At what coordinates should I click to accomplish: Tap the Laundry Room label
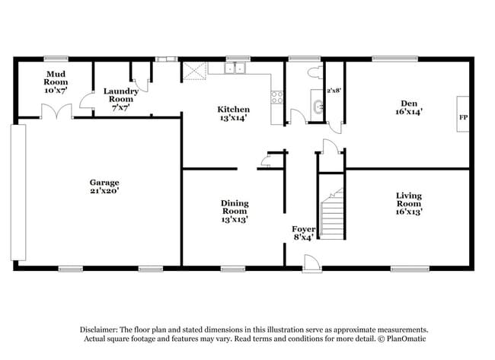(121, 99)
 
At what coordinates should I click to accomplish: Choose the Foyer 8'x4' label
(304, 232)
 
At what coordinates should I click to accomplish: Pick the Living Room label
(409, 203)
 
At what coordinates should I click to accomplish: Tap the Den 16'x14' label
(409, 107)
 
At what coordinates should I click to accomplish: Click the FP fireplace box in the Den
(462, 117)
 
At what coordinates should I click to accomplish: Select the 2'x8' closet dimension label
(334, 91)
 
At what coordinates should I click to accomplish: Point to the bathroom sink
(316, 107)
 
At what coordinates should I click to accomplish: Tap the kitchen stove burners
(276, 97)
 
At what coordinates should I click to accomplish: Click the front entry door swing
(311, 263)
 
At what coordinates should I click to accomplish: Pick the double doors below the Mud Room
(57, 112)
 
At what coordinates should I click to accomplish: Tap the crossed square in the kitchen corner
(194, 71)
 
